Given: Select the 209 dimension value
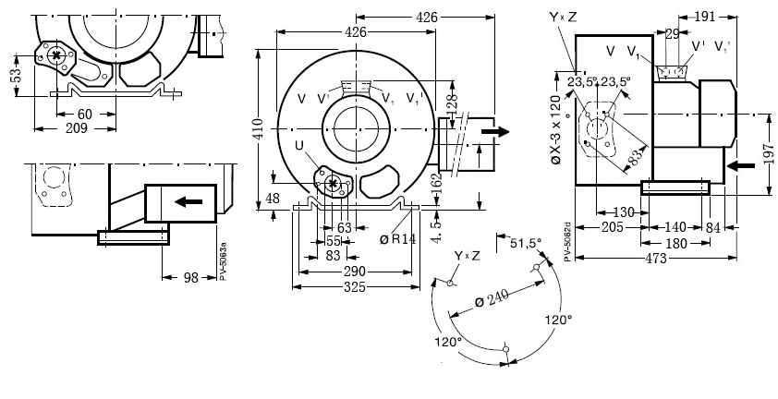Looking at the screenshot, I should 77,128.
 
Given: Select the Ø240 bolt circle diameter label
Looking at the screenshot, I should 493,298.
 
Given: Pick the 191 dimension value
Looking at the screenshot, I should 730,18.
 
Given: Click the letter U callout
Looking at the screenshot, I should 298,145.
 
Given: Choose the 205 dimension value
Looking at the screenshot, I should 609,226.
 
